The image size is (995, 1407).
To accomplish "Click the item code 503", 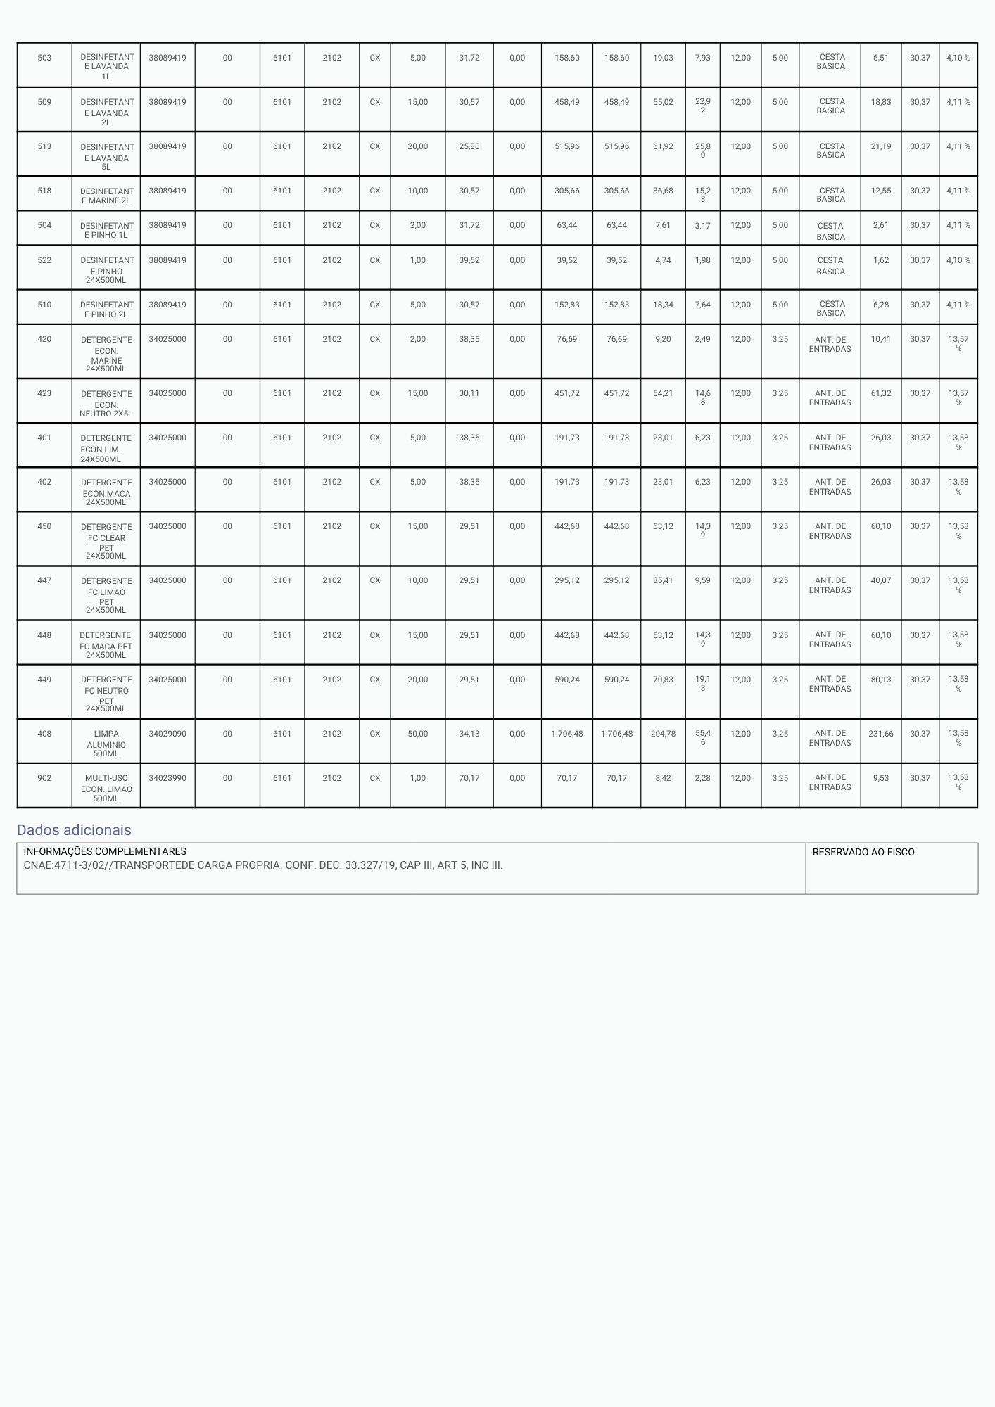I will (x=44, y=58).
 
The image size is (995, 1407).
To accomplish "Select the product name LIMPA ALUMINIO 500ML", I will (x=106, y=744).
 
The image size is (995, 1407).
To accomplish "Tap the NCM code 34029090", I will (x=167, y=734).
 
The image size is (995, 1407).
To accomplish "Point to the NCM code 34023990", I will (x=167, y=778).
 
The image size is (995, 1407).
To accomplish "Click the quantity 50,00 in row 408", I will (x=417, y=734).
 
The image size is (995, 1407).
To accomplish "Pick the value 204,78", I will (x=663, y=734).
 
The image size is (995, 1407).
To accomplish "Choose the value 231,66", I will (x=880, y=734).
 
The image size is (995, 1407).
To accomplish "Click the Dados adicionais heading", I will (x=74, y=830).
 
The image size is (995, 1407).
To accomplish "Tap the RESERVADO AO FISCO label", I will (x=863, y=852).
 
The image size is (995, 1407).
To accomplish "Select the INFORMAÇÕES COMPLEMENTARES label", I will (x=105, y=852).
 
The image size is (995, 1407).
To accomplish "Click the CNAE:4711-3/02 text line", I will (x=263, y=865).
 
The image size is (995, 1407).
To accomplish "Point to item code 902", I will (x=44, y=778).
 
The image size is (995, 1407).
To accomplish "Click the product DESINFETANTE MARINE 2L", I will (x=106, y=196).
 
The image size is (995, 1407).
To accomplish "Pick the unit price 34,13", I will (x=469, y=734).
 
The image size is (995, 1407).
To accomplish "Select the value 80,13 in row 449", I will (x=880, y=680).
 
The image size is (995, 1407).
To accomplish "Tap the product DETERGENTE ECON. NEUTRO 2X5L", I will (x=106, y=404).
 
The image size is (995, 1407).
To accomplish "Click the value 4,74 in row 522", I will (x=663, y=260).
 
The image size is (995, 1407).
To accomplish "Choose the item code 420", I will (x=44, y=339).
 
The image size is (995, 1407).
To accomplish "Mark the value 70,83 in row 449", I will (x=663, y=680).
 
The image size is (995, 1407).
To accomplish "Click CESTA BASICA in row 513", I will (x=831, y=151).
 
